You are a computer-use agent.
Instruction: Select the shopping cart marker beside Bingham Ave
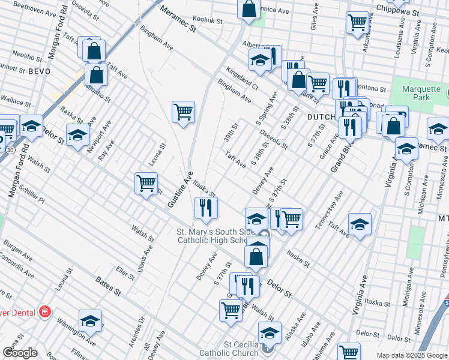183,111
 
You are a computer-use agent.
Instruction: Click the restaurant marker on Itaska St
205,208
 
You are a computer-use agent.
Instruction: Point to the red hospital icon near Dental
44,311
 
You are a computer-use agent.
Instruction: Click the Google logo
20,352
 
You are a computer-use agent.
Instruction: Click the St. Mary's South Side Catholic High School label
215,236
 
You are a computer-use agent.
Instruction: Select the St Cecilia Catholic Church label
242,349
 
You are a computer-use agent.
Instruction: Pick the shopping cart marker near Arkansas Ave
357,22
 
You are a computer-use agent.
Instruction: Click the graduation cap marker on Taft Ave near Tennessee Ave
360,224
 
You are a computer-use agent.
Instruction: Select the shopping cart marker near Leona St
146,183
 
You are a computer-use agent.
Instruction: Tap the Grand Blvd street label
342,157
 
